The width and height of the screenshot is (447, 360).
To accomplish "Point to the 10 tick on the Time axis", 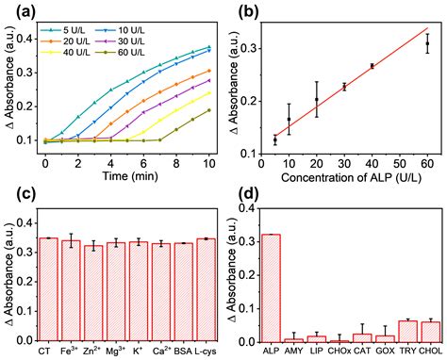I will coord(208,162).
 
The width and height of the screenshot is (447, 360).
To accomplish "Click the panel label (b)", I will coord(244,12).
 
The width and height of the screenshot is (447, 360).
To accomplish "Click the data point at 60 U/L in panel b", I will coord(426,43).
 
